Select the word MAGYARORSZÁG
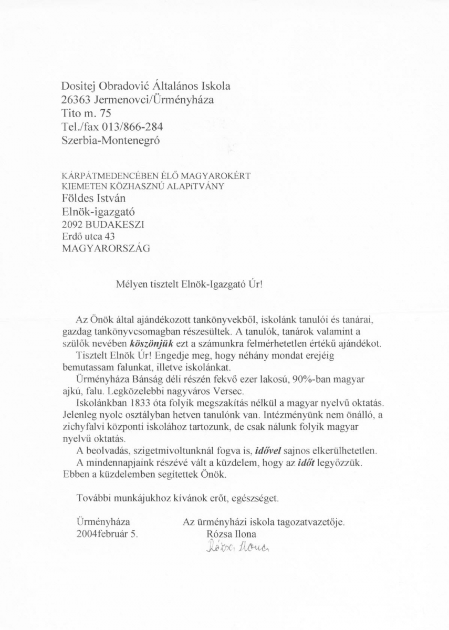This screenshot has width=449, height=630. point(106,249)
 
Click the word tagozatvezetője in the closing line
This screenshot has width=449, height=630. point(312,522)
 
